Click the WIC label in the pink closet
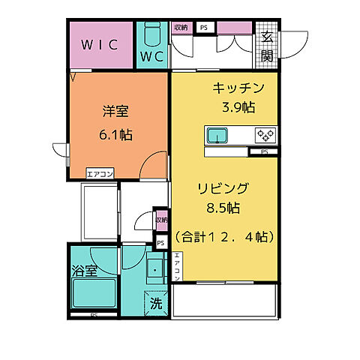click(x=100, y=44)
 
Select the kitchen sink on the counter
click(x=219, y=136)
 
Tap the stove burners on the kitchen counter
click(x=265, y=136)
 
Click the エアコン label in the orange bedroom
click(x=100, y=174)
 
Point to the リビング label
click(x=223, y=188)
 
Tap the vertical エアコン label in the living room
click(x=178, y=268)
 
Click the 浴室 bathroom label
click(x=85, y=271)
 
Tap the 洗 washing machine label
click(x=156, y=304)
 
